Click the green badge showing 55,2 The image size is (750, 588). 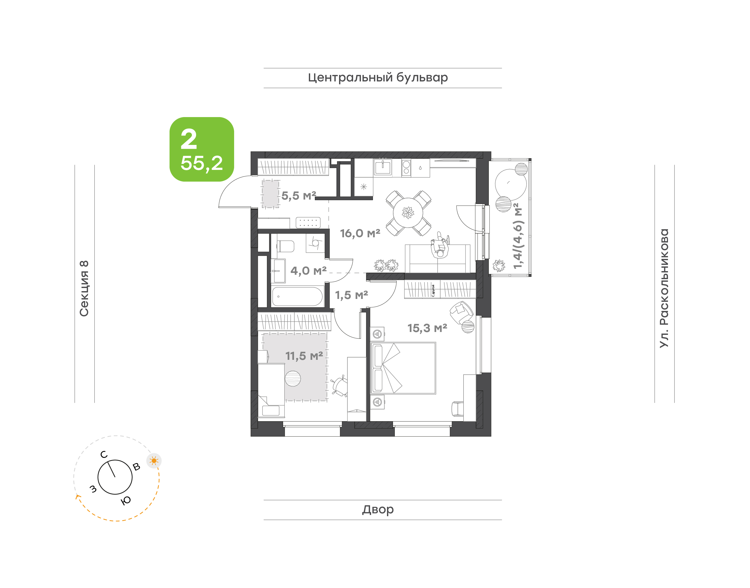(x=202, y=149)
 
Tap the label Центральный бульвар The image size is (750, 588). (x=378, y=78)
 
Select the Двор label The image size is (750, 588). (x=378, y=509)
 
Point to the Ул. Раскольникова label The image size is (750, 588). (x=664, y=288)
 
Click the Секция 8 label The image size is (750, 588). (x=84, y=289)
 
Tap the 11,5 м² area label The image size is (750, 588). (x=304, y=356)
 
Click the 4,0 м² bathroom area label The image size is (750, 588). (x=308, y=271)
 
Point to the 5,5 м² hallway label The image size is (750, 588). (x=299, y=196)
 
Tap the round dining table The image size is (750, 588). (x=408, y=213)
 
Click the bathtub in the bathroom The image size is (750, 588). (x=297, y=296)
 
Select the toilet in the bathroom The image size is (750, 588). (x=285, y=246)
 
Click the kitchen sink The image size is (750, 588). (x=383, y=167)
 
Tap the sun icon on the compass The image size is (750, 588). (x=154, y=461)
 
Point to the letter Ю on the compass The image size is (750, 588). (x=126, y=501)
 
